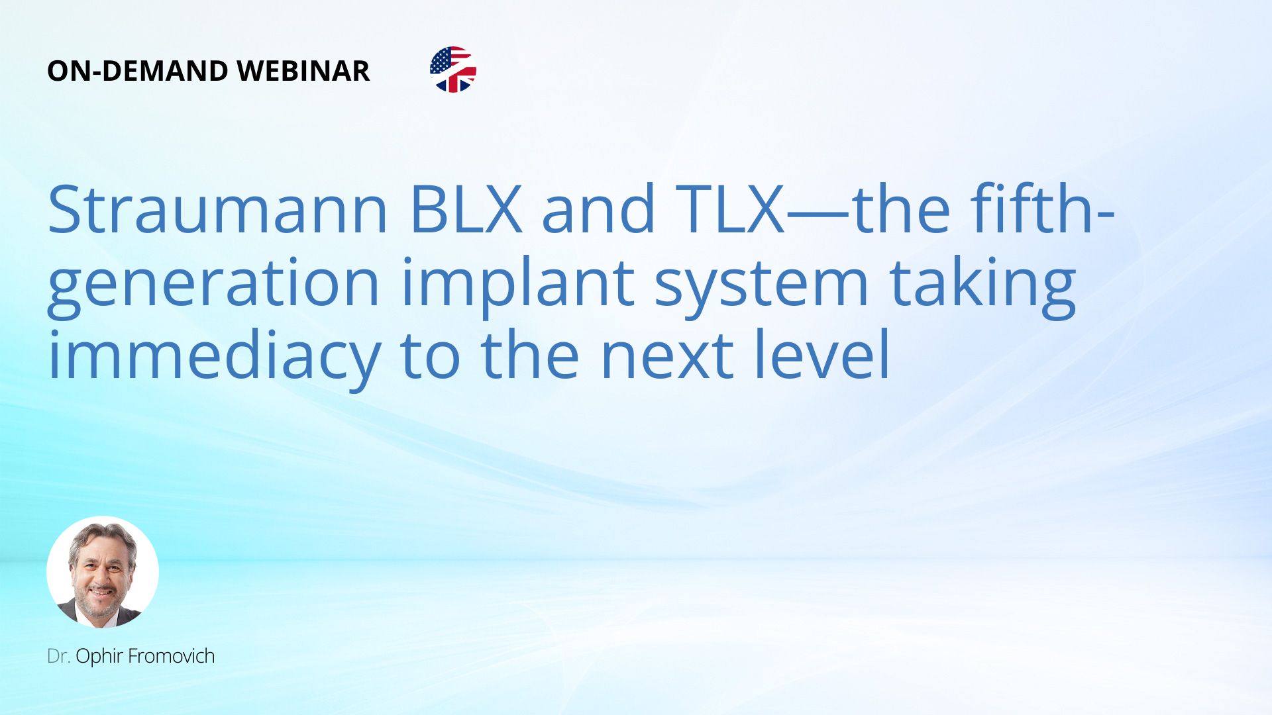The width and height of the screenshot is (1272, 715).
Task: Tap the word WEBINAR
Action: point(303,71)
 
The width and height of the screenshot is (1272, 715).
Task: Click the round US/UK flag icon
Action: point(453,70)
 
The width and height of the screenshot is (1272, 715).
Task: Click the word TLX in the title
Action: point(729,210)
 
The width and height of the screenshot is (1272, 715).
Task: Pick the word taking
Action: point(982,285)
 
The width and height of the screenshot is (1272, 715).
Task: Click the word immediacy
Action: point(214,358)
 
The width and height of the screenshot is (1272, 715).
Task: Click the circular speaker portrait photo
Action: point(103,572)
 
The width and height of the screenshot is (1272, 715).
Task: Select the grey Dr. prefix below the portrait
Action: point(58,656)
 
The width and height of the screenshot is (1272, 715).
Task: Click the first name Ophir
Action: point(99,657)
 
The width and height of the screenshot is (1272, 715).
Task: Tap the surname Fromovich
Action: point(171,656)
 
